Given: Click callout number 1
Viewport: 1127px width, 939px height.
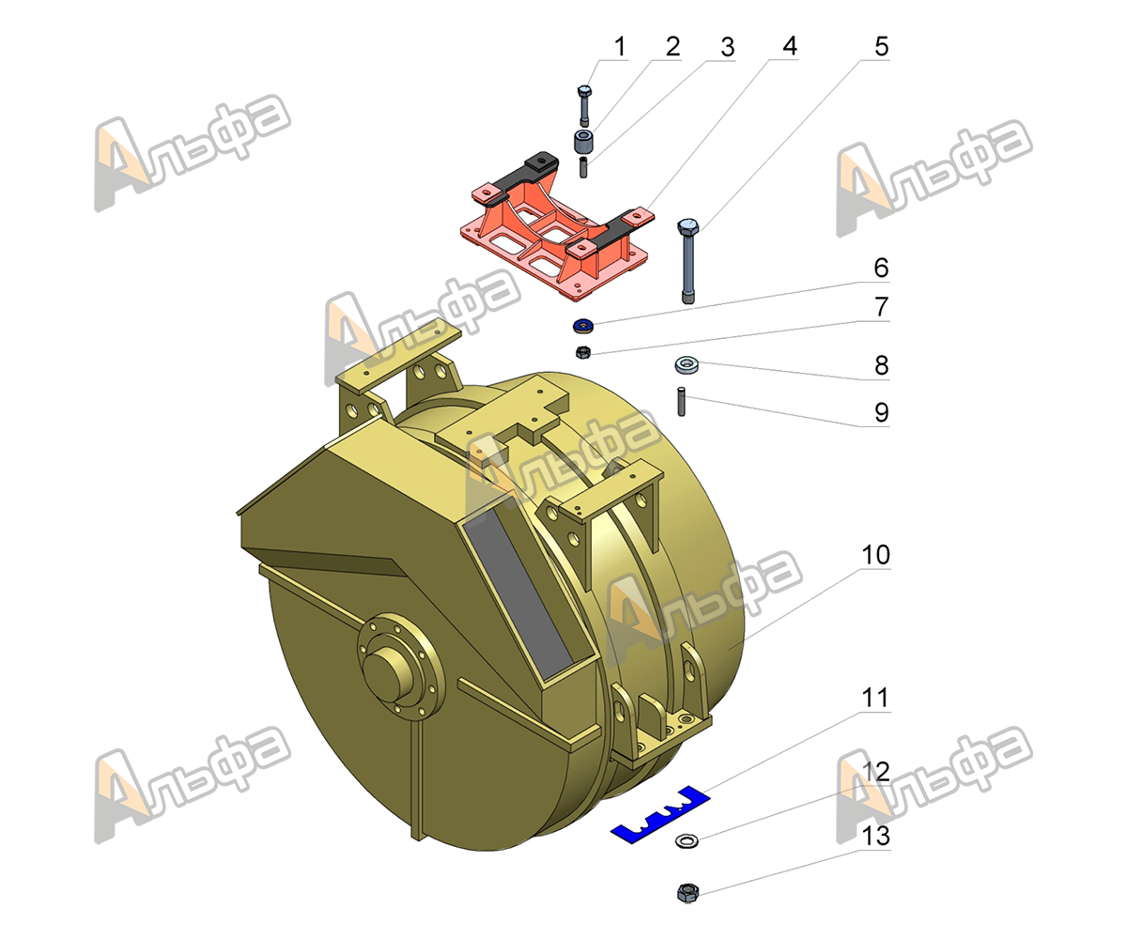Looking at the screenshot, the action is click(x=620, y=47).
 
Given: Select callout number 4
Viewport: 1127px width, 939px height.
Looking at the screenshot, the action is click(x=789, y=46).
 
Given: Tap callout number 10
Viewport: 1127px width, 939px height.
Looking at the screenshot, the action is click(x=875, y=554).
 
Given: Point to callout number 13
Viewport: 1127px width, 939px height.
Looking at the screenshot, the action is click(x=875, y=836).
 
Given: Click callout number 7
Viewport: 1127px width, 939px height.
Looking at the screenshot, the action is click(x=881, y=307).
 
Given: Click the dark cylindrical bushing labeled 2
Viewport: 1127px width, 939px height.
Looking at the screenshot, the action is click(x=583, y=141).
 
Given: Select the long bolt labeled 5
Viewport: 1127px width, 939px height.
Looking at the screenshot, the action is click(x=687, y=261).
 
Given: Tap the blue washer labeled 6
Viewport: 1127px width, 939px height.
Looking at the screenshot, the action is click(x=583, y=326).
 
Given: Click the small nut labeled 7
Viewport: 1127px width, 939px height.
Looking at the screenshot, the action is click(x=583, y=352).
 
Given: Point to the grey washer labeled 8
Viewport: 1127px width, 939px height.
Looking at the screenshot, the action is click(x=686, y=365).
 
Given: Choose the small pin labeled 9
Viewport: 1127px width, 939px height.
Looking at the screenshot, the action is click(x=681, y=402).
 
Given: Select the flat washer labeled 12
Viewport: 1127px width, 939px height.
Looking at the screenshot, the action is click(x=687, y=840).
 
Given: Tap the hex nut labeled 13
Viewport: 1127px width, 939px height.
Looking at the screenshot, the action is click(x=687, y=893).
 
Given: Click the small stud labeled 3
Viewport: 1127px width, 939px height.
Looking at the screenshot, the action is click(x=583, y=167).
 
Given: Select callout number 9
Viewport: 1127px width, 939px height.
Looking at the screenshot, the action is click(x=882, y=413).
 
